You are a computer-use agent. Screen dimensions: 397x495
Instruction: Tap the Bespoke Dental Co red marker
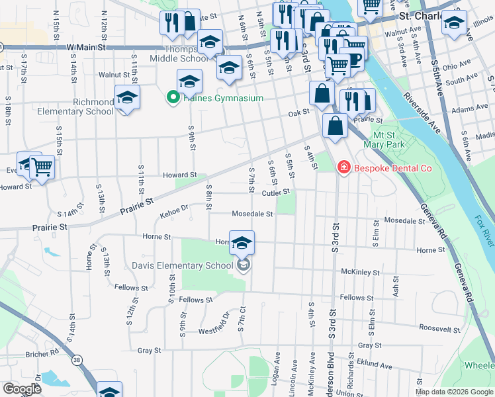pyautogui.click(x=343, y=169)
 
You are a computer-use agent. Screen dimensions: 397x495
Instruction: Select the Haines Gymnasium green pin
pyautogui.click(x=173, y=99)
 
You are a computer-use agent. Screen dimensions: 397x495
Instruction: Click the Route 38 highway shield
pyautogui.click(x=78, y=360)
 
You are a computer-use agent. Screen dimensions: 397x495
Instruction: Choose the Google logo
pyautogui.click(x=22, y=389)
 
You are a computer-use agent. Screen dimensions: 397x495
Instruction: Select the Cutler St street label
pyautogui.click(x=276, y=193)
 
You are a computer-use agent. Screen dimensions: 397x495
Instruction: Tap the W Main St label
pyautogui.click(x=86, y=47)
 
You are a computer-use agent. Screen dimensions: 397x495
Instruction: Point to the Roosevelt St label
pyautogui.click(x=439, y=328)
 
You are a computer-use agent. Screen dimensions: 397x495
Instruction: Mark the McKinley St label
pyautogui.click(x=360, y=272)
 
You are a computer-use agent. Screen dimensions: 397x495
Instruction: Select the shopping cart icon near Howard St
pyautogui.click(x=42, y=167)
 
